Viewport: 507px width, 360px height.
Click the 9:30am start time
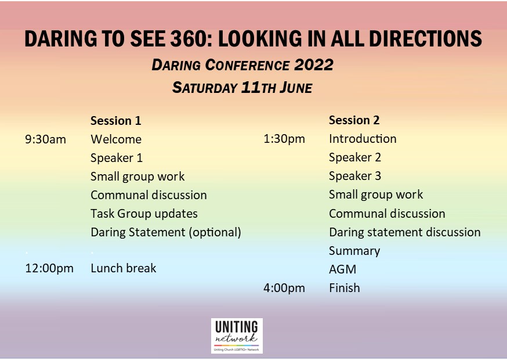click(x=46, y=139)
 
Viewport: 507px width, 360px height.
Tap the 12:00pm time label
click(x=49, y=268)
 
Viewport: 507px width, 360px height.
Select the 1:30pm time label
click(x=284, y=139)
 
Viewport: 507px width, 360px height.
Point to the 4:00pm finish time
click(x=284, y=288)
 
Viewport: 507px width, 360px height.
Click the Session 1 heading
click(x=116, y=121)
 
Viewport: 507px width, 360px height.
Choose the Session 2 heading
click(x=354, y=120)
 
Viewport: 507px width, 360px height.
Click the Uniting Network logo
click(x=237, y=336)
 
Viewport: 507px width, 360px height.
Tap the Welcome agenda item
click(x=116, y=139)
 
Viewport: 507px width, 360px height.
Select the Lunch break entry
click(x=124, y=268)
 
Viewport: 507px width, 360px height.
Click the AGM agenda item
click(x=342, y=269)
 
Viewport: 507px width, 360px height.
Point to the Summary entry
click(x=354, y=251)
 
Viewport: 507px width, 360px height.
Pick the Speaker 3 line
click(x=355, y=176)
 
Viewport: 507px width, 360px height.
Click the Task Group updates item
click(x=144, y=214)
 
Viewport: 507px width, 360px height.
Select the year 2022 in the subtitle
click(x=314, y=65)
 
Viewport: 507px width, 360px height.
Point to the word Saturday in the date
click(x=205, y=88)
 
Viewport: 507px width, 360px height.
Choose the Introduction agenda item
click(x=363, y=139)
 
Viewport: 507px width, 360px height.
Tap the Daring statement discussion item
click(x=405, y=232)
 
